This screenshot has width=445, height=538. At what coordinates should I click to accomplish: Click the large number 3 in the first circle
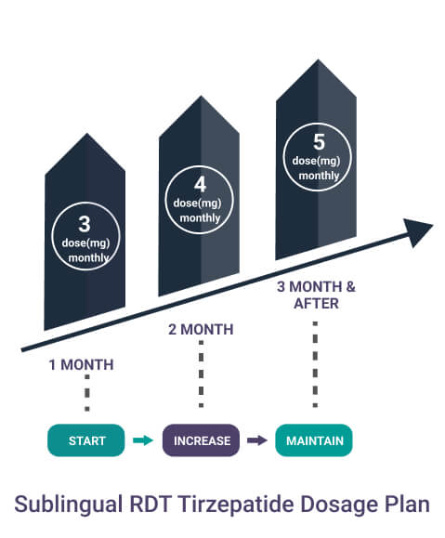(85, 224)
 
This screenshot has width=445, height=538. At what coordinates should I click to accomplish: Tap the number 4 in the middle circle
(200, 185)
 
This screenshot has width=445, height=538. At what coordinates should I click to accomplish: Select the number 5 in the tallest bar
(319, 142)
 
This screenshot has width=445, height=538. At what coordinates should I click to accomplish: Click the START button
(86, 440)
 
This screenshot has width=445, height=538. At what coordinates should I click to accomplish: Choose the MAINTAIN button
(314, 440)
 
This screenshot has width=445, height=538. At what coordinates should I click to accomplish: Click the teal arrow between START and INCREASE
(143, 440)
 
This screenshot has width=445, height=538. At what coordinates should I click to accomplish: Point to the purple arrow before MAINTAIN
(257, 440)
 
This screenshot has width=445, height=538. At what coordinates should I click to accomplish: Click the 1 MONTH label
(82, 365)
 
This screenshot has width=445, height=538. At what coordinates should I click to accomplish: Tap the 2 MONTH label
(201, 329)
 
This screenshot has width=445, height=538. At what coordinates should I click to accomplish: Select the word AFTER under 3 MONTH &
(317, 304)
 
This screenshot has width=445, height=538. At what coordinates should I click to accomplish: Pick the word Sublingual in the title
(69, 505)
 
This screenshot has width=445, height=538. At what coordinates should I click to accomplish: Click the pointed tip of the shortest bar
(86, 134)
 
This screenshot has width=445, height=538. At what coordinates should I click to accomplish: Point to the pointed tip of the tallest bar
(318, 60)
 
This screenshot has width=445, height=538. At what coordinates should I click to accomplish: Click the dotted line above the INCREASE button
(201, 374)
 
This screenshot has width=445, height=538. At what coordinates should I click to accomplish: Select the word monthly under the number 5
(319, 176)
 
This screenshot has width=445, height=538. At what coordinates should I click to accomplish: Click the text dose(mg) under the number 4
(197, 203)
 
